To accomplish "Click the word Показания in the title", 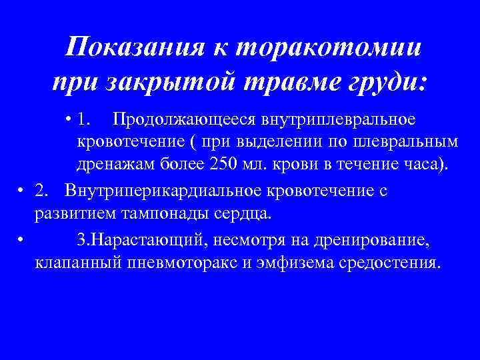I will click(x=133, y=48).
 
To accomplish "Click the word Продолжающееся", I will click(x=187, y=120).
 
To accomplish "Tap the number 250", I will click(x=220, y=164).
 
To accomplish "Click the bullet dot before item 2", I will click(x=23, y=191).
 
